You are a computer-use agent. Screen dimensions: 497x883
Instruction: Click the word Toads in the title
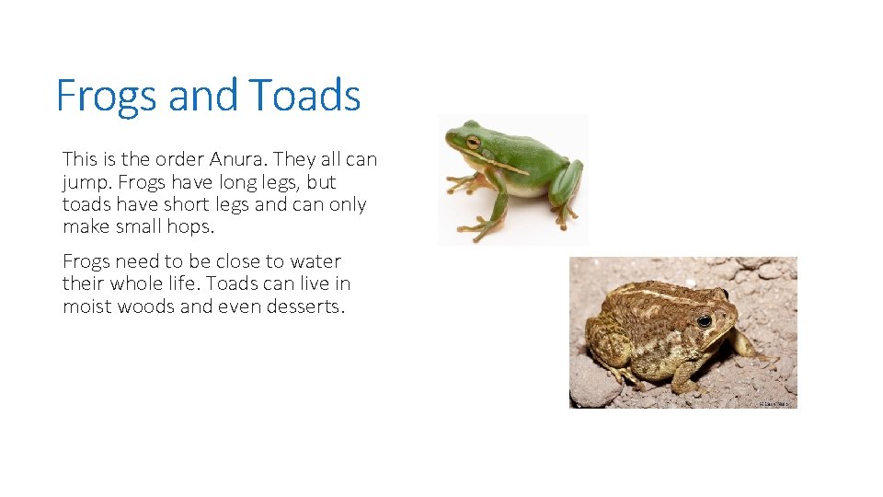point(304,95)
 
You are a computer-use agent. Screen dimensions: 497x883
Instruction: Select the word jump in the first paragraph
point(83,182)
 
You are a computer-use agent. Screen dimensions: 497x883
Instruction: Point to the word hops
point(193,226)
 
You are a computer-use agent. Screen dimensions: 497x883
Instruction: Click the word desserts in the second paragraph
point(304,306)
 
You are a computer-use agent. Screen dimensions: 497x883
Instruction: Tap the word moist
point(86,306)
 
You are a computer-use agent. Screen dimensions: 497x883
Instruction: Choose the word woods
point(148,306)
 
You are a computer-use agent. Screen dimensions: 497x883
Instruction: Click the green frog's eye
point(473,142)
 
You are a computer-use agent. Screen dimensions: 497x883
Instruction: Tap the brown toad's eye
point(704,321)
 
